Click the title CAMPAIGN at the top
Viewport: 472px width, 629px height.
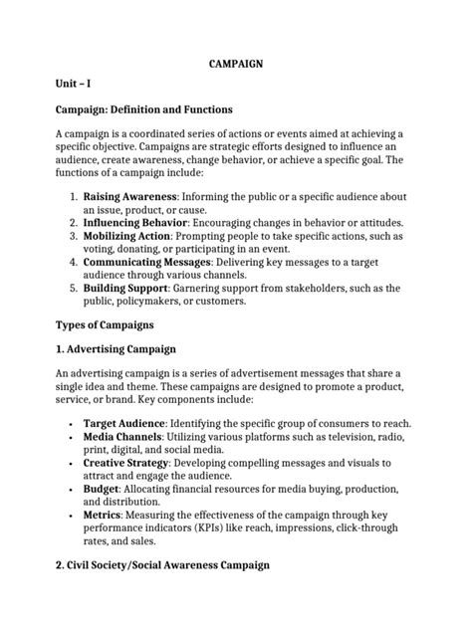pos(235,63)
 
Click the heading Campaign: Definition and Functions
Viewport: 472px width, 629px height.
pos(144,109)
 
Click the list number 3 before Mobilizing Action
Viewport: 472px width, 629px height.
pos(74,236)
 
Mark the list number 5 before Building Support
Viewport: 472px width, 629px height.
pos(74,288)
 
